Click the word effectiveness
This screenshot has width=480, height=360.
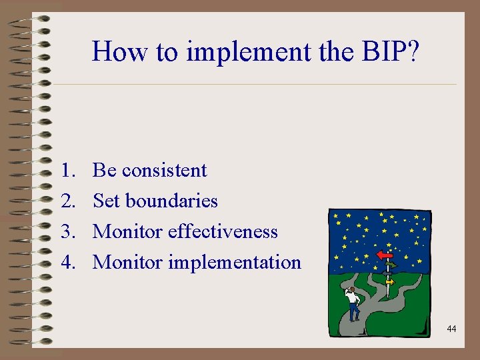tap(223, 231)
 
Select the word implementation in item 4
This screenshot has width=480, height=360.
tap(235, 263)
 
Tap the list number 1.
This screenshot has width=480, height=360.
tap(66, 171)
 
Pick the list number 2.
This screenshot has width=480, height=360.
tap(66, 201)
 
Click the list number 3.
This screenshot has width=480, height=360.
tap(66, 232)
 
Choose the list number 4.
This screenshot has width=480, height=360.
tap(66, 263)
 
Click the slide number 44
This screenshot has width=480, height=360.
tap(451, 329)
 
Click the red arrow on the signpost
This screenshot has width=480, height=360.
tap(384, 255)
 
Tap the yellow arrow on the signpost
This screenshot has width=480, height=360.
tap(390, 282)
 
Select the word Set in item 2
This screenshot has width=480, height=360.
tap(107, 201)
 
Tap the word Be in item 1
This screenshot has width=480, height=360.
tap(105, 171)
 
